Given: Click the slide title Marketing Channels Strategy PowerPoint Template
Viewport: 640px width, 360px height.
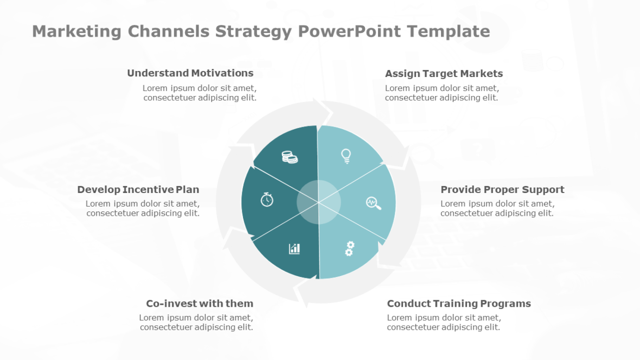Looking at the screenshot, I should [261, 31].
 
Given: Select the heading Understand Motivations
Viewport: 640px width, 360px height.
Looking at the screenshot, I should [190, 73].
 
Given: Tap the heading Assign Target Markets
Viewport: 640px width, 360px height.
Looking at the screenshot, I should [444, 74].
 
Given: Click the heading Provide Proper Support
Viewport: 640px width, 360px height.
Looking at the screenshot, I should [502, 190].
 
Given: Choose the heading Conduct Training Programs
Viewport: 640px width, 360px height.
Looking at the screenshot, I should [459, 304].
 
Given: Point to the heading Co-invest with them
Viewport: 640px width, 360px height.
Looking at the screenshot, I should [200, 304].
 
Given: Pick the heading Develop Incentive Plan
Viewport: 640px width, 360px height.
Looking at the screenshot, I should [138, 190].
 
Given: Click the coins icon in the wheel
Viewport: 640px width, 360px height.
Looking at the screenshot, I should [290, 157].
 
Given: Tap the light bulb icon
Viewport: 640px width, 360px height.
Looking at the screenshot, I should [346, 156].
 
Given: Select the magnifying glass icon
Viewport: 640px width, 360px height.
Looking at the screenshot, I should [374, 203].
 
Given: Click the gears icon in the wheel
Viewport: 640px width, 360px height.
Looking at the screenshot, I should [349, 249].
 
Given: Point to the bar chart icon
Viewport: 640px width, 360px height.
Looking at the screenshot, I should [295, 249].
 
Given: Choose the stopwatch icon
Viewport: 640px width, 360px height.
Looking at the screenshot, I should [266, 200].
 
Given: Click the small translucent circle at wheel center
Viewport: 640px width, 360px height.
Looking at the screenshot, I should [318, 202].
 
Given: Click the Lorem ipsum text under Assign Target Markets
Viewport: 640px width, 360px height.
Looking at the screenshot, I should [441, 93].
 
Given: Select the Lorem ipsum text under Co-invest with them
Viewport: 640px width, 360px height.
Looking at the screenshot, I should [196, 323].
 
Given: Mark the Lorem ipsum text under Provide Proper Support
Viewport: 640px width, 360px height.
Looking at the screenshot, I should [497, 209].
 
